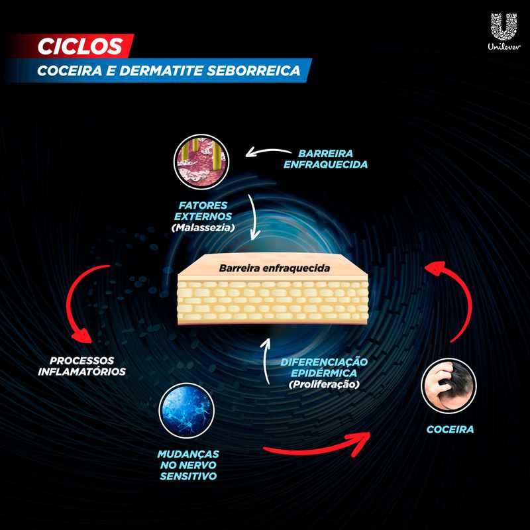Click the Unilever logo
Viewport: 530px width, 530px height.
click(504, 31)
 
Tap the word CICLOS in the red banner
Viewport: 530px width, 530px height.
click(80, 46)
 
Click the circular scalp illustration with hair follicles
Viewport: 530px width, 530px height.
click(201, 162)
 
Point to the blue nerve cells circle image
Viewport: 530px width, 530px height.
click(187, 410)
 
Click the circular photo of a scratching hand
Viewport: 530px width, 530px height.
click(449, 386)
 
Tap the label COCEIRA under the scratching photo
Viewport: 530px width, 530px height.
click(450, 429)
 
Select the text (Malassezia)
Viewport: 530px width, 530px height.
click(203, 227)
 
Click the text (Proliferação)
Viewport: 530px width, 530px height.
click(324, 384)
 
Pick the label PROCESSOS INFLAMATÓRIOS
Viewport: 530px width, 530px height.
click(81, 366)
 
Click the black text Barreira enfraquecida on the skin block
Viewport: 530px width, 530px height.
click(274, 268)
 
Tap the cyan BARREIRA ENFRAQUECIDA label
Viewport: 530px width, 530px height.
click(325, 159)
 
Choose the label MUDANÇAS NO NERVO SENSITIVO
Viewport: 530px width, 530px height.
click(188, 465)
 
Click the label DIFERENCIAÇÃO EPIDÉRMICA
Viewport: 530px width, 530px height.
click(324, 368)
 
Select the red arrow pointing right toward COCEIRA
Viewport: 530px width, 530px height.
click(316, 446)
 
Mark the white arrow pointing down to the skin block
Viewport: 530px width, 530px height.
click(254, 217)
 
